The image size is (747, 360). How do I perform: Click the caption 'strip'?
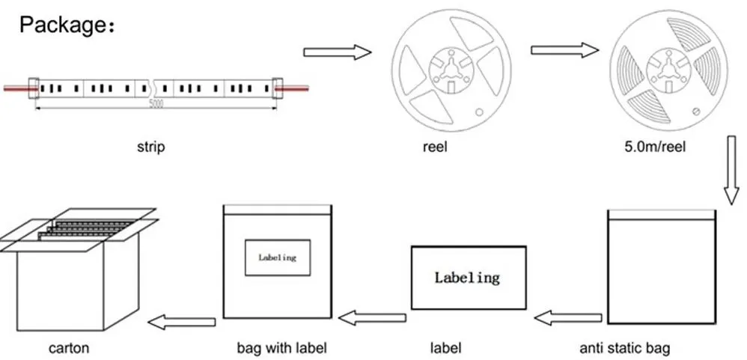pos(150,147)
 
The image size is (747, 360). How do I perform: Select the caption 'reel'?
pos(435,147)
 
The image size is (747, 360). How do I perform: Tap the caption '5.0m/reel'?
pos(655,147)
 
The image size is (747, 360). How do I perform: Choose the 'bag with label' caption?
pos(281,348)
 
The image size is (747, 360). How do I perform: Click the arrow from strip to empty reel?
pos(337,52)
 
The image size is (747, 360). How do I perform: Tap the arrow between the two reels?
pos(564,50)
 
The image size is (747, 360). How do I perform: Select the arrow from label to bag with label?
pos(372,318)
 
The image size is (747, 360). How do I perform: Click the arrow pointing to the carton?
pos(182,322)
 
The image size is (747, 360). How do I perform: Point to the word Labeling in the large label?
pos(467,278)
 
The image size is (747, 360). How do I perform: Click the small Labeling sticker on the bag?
pos(277,257)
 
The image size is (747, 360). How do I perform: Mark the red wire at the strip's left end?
pos(15,88)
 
